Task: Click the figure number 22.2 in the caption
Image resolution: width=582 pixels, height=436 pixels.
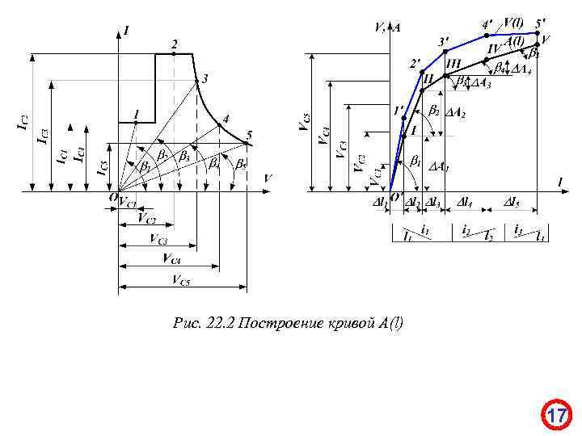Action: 219,324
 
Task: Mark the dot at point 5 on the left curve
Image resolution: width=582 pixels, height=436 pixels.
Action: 247,144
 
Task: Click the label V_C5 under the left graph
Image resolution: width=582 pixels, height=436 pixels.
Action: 181,279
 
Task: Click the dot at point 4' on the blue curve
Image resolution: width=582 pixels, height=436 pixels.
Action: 486,35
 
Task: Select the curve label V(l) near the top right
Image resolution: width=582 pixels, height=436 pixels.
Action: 513,23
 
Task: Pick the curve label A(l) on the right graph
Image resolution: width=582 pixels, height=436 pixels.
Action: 514,40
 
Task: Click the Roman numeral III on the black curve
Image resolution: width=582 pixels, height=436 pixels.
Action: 453,63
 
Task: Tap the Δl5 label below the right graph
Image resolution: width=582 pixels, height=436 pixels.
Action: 512,201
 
